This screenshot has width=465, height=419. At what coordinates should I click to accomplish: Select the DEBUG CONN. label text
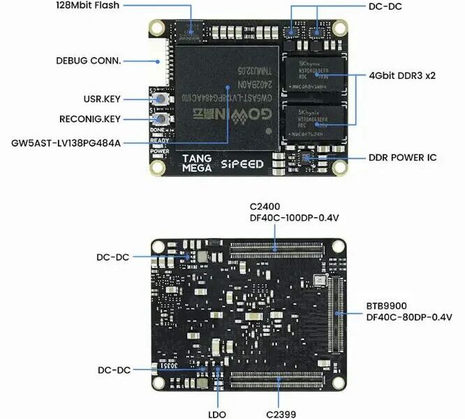88,60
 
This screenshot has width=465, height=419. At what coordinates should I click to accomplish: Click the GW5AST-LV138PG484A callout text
66,143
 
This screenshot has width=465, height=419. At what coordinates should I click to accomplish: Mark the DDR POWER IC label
402,158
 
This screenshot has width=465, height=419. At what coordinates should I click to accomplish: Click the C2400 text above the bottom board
266,207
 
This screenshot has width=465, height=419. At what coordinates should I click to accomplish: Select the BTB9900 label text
386,306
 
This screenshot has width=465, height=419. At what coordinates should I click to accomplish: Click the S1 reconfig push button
161,119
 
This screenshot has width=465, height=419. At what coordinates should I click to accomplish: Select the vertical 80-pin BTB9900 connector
339,316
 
